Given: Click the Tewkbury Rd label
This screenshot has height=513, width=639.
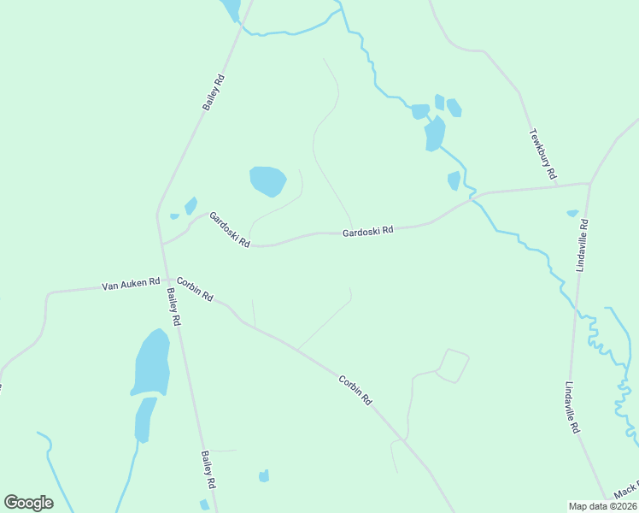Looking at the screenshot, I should pos(542,154).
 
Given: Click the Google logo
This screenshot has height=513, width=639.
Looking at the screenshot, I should pos(28,503).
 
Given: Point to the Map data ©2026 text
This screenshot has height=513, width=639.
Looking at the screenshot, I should pos(602,505).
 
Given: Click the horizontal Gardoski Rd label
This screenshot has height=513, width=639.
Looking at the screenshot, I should pos(367,231).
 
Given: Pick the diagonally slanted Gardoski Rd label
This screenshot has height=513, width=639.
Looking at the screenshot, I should pos(229,230).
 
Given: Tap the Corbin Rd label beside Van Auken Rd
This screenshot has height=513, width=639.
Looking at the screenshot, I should pos(195,288).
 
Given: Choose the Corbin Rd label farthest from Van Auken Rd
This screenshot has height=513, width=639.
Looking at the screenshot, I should pos(355,390).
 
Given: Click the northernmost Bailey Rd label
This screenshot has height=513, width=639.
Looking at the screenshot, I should pos(214,92).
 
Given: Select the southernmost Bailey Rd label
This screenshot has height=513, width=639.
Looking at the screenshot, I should pos(208,469).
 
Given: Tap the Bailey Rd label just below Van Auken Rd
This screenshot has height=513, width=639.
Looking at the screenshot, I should pos(173,306).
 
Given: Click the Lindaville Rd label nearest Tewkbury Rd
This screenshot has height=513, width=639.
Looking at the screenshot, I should pos(583,245).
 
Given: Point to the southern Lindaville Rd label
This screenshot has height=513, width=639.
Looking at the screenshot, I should pos(573,407).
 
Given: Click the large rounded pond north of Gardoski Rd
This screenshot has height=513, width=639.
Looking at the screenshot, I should pos(267,180).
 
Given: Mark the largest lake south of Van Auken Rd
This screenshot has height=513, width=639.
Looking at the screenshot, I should pos(151,362).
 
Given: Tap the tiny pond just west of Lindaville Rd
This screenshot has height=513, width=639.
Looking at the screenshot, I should pos(572,213).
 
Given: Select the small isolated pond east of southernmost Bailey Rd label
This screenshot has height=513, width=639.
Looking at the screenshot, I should pos(264,475).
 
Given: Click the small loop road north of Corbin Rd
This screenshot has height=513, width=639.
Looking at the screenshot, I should pos(453,365).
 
